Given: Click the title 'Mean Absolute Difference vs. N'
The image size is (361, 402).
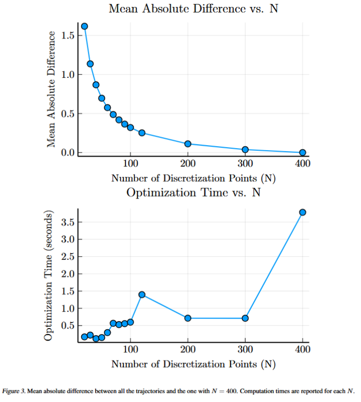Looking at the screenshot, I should click(193, 9).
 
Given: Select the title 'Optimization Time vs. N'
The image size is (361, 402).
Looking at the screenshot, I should click(193, 192).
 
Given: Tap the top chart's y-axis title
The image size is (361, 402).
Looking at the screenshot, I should click(51, 89).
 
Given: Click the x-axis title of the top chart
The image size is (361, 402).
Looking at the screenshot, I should click(193, 178).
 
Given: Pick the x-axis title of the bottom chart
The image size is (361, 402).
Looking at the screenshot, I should click(193, 364).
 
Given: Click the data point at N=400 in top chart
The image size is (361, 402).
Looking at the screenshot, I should click(303, 153).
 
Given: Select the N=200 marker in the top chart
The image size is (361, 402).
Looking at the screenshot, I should click(188, 144).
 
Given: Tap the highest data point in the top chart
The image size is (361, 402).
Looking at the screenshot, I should click(85, 26).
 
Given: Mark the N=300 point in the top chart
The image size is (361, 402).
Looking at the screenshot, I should click(245, 150).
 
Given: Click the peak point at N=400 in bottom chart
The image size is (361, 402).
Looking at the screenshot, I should click(303, 212).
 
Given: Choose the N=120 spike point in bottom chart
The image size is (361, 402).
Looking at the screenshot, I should click(142, 294).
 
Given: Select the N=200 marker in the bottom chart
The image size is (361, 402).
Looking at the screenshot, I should click(188, 318).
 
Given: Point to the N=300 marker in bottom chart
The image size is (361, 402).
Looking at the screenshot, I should click(245, 318).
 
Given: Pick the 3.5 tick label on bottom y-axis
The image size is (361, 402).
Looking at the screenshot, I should click(68, 222).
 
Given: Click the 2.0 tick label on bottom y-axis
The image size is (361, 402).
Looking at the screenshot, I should click(68, 274).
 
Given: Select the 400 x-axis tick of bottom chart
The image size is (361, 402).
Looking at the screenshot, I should click(303, 349).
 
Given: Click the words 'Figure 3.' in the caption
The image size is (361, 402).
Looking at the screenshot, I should click(15, 390).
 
